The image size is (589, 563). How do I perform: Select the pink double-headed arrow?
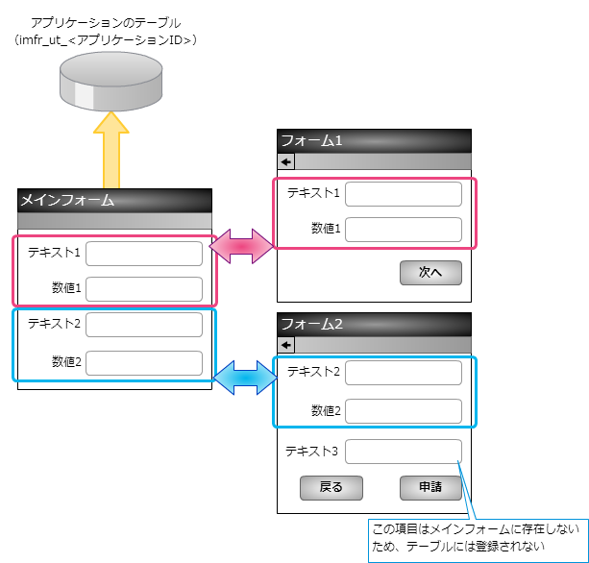tap(244, 246)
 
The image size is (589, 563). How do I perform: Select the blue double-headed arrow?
tap(244, 376)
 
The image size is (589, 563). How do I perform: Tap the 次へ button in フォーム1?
tap(430, 273)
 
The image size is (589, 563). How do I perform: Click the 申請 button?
tap(430, 488)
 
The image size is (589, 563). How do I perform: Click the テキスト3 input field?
tap(404, 451)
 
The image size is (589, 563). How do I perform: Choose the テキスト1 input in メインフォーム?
tap(144, 254)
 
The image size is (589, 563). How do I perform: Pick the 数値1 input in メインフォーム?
tap(144, 289)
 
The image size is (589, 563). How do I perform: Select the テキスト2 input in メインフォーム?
tap(144, 325)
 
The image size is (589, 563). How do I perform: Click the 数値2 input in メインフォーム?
tap(144, 363)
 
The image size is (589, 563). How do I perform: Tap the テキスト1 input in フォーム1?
tap(404, 194)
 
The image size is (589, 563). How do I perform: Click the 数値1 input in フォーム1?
tap(404, 230)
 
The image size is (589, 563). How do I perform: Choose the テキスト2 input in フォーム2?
tap(404, 373)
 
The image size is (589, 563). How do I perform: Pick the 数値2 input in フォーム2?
tap(404, 411)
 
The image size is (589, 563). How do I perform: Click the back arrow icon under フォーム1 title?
tap(285, 161)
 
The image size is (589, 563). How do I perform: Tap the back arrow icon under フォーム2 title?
tap(285, 345)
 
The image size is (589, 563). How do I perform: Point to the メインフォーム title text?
tap(67, 201)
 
